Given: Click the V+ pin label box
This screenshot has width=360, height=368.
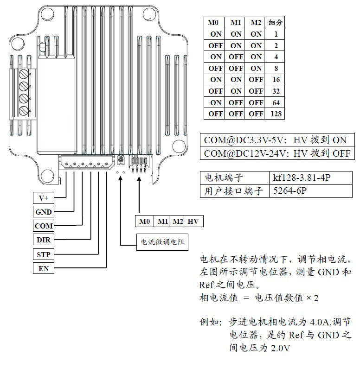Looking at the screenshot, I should (x=43, y=198).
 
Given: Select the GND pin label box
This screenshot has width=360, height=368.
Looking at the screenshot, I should (x=43, y=212).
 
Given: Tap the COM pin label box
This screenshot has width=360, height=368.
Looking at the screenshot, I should (x=43, y=226).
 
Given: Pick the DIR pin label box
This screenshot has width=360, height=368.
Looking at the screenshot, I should (x=43, y=240).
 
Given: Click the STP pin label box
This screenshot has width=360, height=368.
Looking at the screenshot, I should (x=43, y=254).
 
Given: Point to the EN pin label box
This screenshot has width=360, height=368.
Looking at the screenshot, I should (x=43, y=268).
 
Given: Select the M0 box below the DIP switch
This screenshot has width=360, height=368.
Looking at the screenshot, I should (x=144, y=222).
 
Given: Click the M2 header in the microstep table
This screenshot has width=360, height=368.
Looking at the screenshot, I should (x=256, y=22).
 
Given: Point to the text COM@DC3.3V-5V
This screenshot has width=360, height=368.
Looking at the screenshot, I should (x=247, y=140).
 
